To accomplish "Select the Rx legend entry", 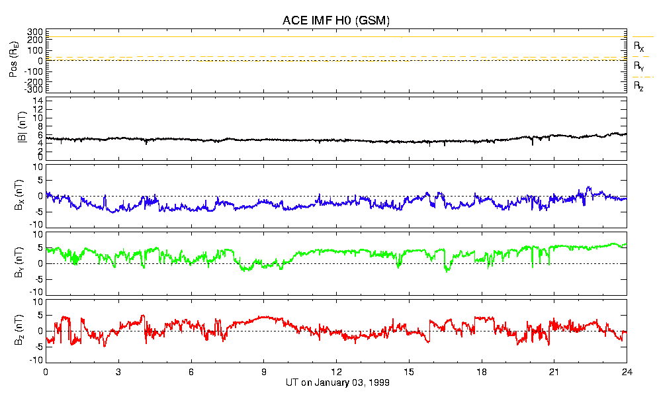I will pyautogui.click(x=639, y=47).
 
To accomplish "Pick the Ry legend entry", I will pyautogui.click(x=639, y=67).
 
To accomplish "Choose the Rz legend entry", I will pyautogui.click(x=639, y=86).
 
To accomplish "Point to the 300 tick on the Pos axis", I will pyautogui.click(x=35, y=32).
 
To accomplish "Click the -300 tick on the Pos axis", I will pyautogui.click(x=34, y=89).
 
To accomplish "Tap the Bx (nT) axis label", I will pyautogui.click(x=14, y=196).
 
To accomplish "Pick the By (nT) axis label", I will pyautogui.click(x=14, y=263).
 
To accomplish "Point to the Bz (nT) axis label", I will pyautogui.click(x=14, y=330).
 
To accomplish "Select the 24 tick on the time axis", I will pyautogui.click(x=627, y=372).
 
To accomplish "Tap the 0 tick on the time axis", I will pyautogui.click(x=46, y=372).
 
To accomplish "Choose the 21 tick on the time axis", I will pyautogui.click(x=554, y=372).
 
